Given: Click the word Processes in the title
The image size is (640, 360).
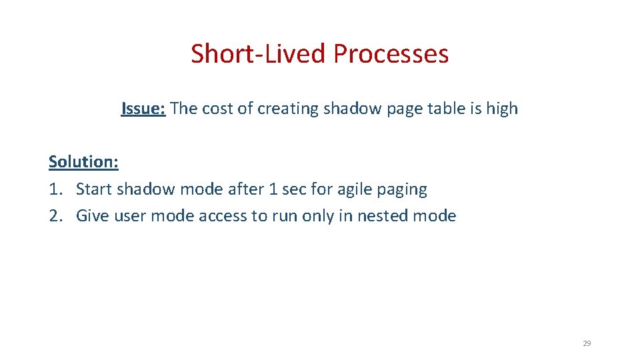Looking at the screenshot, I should (x=391, y=54).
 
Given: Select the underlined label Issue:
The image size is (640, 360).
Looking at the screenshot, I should (x=143, y=109).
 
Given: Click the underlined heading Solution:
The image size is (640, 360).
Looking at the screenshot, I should (x=83, y=162).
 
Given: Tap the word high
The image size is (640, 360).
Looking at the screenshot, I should (x=502, y=109).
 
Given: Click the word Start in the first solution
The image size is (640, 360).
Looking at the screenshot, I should (x=94, y=189).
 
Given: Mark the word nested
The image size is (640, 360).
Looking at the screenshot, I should (x=389, y=216).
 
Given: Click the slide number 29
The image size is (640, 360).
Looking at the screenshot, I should (x=587, y=343).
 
